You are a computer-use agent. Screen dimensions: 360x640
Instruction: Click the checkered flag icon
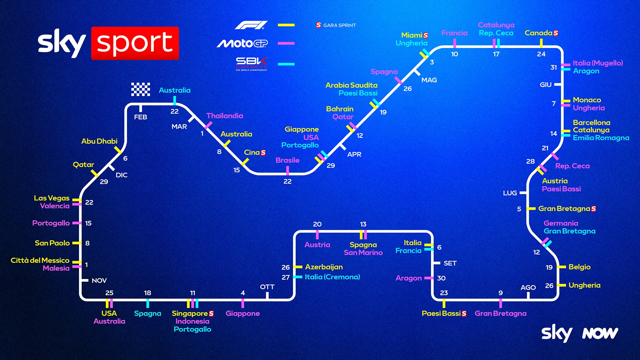[x=140, y=89]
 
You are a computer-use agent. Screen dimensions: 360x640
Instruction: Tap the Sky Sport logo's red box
[x=135, y=43]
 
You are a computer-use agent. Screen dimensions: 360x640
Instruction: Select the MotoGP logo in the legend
[x=242, y=43]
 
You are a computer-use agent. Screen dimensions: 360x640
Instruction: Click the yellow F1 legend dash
[x=286, y=25]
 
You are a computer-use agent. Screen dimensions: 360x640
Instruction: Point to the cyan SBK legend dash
[x=286, y=64]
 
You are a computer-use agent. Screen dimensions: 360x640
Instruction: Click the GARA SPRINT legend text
[x=339, y=25]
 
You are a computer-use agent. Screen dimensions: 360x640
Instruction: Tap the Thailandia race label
[x=224, y=116]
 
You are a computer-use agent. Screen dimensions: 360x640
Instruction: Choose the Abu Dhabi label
[x=99, y=141]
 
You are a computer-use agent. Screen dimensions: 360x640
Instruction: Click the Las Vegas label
[x=52, y=198]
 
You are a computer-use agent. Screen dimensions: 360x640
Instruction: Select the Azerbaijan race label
[x=324, y=267]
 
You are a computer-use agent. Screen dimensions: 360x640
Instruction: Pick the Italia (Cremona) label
[x=332, y=277]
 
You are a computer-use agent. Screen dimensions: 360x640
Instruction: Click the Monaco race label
[x=587, y=100]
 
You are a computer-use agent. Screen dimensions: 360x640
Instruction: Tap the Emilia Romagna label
[x=601, y=138]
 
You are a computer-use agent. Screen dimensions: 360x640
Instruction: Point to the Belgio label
[x=579, y=267]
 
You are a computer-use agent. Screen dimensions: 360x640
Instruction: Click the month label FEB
[x=140, y=117]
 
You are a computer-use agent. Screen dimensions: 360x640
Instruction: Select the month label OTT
[x=267, y=287]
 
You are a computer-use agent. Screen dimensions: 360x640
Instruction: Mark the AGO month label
[x=528, y=287]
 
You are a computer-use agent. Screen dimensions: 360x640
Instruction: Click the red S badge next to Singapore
[x=211, y=314]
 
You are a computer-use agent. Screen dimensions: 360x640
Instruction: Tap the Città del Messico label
[x=40, y=260]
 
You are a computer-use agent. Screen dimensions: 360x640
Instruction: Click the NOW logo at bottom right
[x=600, y=333]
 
